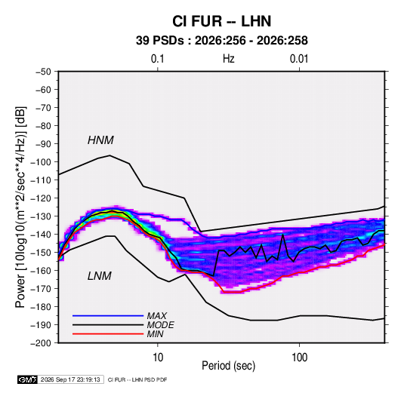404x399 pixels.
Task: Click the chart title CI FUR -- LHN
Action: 221,21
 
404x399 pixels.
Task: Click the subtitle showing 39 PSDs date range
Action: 222,41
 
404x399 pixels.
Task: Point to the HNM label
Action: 100,140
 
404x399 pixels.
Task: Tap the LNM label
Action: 100,276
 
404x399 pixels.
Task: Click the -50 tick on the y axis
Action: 43,72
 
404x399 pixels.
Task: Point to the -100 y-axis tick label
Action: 41,162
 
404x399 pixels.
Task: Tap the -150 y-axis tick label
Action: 41,253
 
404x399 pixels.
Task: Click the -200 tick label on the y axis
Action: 41,343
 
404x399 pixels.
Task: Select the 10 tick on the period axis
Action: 158,358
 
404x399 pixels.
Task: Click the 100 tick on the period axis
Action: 299,358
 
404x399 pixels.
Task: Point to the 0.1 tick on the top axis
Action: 157,59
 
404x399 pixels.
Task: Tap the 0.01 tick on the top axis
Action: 299,59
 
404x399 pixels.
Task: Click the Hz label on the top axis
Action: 229,59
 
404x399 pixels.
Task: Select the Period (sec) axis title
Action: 229,366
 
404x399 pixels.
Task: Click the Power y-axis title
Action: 20,207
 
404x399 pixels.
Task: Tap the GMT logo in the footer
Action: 27,379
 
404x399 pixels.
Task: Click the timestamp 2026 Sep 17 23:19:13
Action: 70,379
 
